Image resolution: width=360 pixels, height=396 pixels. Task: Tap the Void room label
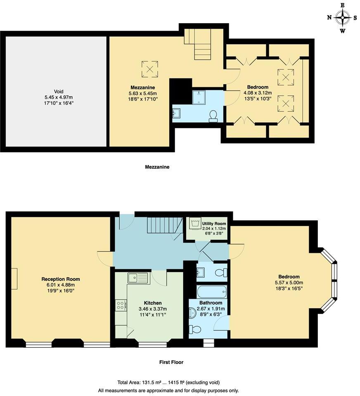coord(58,92)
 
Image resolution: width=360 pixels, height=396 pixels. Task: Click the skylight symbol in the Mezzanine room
coord(150,69)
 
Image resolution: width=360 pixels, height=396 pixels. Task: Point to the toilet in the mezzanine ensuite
coord(214,116)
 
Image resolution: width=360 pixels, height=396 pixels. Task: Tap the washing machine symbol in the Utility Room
coord(195,224)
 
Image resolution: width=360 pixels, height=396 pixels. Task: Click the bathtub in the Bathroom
coord(212,292)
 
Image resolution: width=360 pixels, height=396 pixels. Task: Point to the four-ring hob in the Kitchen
coord(121,305)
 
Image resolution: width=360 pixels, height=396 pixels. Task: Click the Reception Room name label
coord(61,279)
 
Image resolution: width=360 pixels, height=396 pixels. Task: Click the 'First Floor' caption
coord(171,362)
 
